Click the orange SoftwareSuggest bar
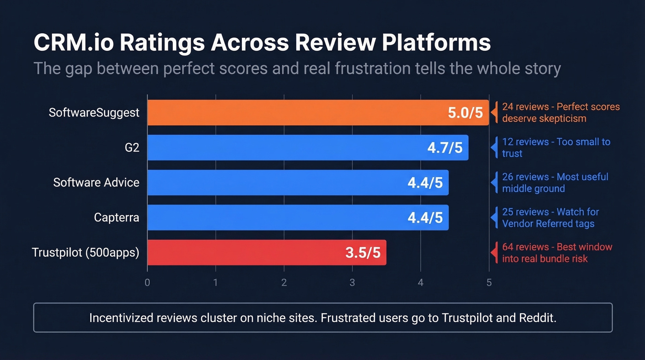(295, 112)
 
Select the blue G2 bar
(286, 148)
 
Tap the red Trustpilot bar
(244, 253)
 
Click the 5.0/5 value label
(465, 113)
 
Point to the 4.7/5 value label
(445, 148)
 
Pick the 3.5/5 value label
(363, 253)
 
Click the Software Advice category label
(96, 183)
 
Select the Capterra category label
(117, 218)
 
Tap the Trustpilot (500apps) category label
(86, 253)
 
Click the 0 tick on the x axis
(147, 283)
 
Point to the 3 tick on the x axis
(352, 283)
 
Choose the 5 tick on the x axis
(489, 283)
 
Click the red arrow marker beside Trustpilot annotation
(493, 253)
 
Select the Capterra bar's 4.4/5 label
(425, 218)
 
